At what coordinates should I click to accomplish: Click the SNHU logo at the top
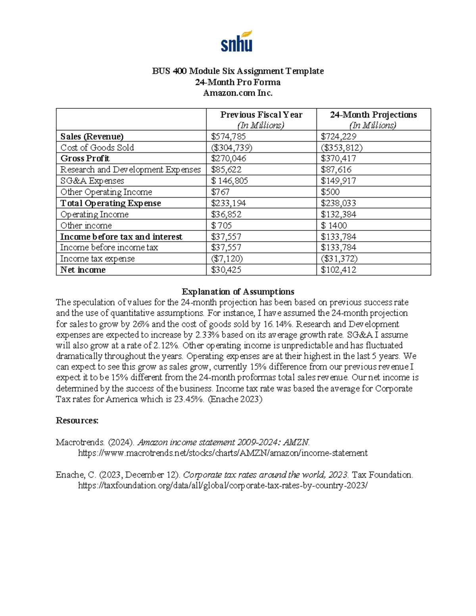coord(237,42)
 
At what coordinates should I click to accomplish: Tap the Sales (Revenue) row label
coord(92,136)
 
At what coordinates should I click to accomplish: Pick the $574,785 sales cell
coord(228,136)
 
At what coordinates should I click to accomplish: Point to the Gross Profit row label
coord(85,159)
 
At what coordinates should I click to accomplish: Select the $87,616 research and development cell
coord(336,170)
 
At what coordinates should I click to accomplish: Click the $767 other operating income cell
coord(220,192)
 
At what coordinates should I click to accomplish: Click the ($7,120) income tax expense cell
coord(227,259)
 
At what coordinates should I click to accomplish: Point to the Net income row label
coord(83,270)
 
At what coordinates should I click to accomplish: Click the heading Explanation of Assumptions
coord(238,292)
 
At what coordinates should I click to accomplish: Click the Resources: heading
coord(77,420)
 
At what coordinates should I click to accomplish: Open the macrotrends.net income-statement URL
coord(223,453)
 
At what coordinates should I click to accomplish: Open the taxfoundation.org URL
coord(223,486)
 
